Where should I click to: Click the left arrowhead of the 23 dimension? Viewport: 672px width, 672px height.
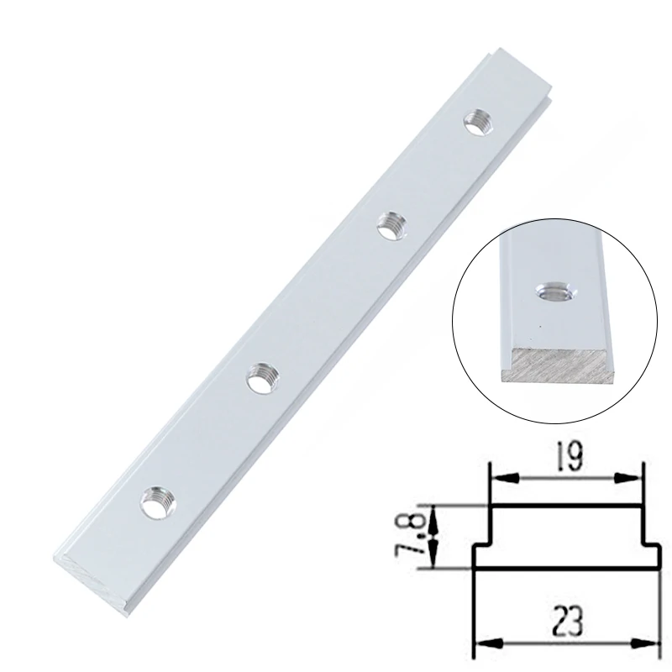[481, 643]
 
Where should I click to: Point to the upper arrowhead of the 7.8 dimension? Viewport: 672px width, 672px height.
[432, 512]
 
